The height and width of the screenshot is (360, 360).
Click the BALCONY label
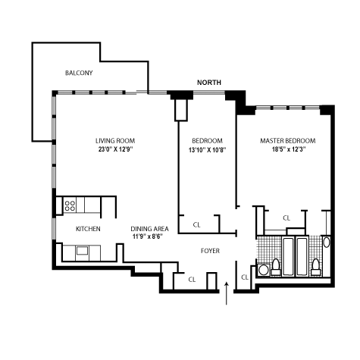click(79, 73)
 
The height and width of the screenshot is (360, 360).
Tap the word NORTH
click(209, 83)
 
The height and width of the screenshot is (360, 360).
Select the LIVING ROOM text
click(115, 141)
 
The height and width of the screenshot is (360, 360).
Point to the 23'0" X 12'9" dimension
click(116, 149)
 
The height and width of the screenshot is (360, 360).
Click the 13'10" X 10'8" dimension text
click(207, 150)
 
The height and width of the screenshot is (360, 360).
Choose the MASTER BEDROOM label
click(288, 141)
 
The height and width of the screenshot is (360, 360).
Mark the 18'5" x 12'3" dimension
click(289, 149)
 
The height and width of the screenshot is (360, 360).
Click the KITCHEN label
click(88, 229)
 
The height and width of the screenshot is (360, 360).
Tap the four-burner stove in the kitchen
click(70, 205)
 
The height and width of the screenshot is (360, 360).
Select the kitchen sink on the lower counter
click(82, 251)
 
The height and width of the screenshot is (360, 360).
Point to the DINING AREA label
click(149, 229)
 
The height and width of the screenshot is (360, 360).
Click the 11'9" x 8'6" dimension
click(148, 236)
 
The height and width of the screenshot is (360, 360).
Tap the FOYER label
click(210, 251)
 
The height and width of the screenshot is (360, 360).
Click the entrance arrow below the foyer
click(227, 293)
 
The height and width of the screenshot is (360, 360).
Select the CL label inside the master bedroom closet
click(286, 218)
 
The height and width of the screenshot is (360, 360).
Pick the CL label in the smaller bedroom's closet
click(196, 224)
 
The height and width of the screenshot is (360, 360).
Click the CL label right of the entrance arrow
click(245, 277)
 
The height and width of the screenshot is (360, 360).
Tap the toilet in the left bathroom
click(276, 267)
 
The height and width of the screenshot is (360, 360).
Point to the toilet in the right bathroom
click(316, 267)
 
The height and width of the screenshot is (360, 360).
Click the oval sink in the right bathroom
click(327, 243)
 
